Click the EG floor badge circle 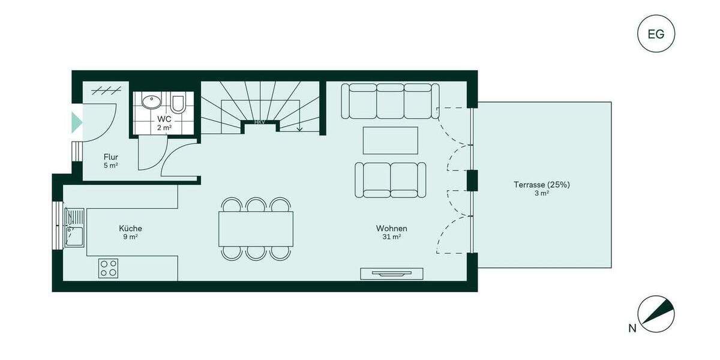click(656, 34)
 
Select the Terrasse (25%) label click(541, 185)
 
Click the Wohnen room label click(392, 229)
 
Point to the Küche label click(130, 229)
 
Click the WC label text click(163, 119)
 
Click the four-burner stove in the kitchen click(109, 268)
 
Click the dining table click(256, 229)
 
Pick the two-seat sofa click(391, 179)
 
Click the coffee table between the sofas click(391, 140)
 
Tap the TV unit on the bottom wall click(391, 274)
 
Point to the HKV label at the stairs click(260, 122)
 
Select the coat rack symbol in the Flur click(103, 91)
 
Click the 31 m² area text click(392, 237)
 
